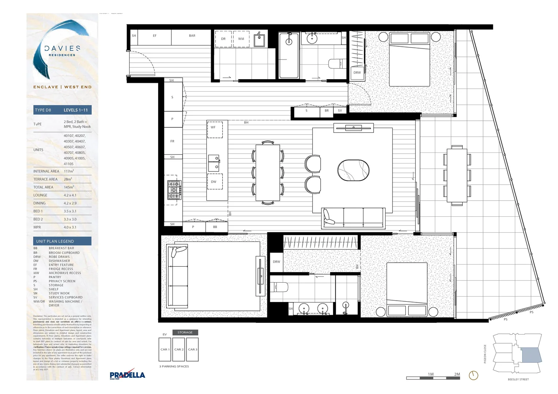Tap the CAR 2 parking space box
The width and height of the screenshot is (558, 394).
179,349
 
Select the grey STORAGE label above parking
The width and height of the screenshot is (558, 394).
185,332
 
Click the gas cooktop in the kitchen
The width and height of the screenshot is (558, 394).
174,190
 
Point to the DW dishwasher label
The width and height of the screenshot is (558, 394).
214,182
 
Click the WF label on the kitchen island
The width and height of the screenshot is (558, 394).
213,127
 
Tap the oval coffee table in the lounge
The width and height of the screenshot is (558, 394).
353,170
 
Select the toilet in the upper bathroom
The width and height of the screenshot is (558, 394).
337,63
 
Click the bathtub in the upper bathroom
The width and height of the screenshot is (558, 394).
289,55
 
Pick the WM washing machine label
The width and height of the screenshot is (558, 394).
241,39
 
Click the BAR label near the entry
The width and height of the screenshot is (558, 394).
192,36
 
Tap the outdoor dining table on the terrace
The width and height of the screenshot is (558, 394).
457,175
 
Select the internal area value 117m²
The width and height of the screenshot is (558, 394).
69,171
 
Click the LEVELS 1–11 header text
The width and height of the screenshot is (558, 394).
76,110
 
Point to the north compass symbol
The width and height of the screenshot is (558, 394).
473,375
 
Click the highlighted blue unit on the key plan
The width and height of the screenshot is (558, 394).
531,355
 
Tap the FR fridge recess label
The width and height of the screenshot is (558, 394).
172,141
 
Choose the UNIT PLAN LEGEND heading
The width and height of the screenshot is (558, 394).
55,241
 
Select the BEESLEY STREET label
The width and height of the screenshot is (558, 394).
518,379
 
